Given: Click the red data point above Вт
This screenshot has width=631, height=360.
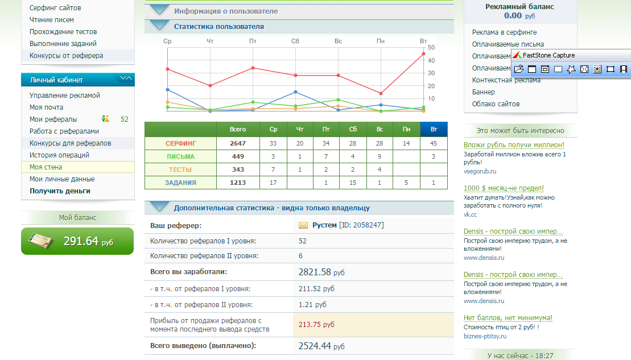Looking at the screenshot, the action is pyautogui.click(x=424, y=54).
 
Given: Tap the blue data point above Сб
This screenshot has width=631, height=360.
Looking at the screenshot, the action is pyautogui.click(x=296, y=92).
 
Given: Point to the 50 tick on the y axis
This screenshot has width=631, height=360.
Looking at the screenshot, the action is pyautogui.click(x=431, y=47).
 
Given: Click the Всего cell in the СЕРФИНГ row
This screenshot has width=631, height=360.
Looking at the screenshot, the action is pyautogui.click(x=238, y=143).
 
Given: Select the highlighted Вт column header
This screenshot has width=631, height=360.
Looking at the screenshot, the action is pyautogui.click(x=434, y=129).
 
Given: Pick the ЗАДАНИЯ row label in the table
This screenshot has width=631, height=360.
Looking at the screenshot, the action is pyautogui.click(x=180, y=183).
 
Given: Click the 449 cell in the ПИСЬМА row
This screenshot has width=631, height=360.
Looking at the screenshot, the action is pyautogui.click(x=238, y=156).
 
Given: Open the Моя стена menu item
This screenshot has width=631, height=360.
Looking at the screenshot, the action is pyautogui.click(x=46, y=167).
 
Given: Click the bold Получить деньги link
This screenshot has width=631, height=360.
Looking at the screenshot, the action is pyautogui.click(x=60, y=191).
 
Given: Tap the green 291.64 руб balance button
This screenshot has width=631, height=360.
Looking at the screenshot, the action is pyautogui.click(x=77, y=241).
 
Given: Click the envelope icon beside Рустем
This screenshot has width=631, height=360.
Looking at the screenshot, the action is pyautogui.click(x=303, y=225).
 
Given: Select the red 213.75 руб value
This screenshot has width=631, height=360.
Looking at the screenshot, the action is pyautogui.click(x=316, y=325).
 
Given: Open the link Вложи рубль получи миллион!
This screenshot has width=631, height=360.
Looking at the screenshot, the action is pyautogui.click(x=514, y=145).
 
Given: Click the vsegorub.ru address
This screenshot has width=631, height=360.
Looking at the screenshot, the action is pyautogui.click(x=480, y=171).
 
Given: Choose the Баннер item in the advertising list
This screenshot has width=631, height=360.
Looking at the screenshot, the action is pyautogui.click(x=483, y=92).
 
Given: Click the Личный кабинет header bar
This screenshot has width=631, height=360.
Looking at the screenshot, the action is pyautogui.click(x=78, y=80).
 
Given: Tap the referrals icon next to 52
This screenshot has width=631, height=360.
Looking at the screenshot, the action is pyautogui.click(x=105, y=119).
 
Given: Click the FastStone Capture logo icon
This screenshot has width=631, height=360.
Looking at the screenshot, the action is pyautogui.click(x=517, y=55).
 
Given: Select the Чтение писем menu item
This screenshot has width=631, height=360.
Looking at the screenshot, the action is pyautogui.click(x=52, y=20).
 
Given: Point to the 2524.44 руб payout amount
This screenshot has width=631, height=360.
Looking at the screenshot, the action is pyautogui.click(x=321, y=346).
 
